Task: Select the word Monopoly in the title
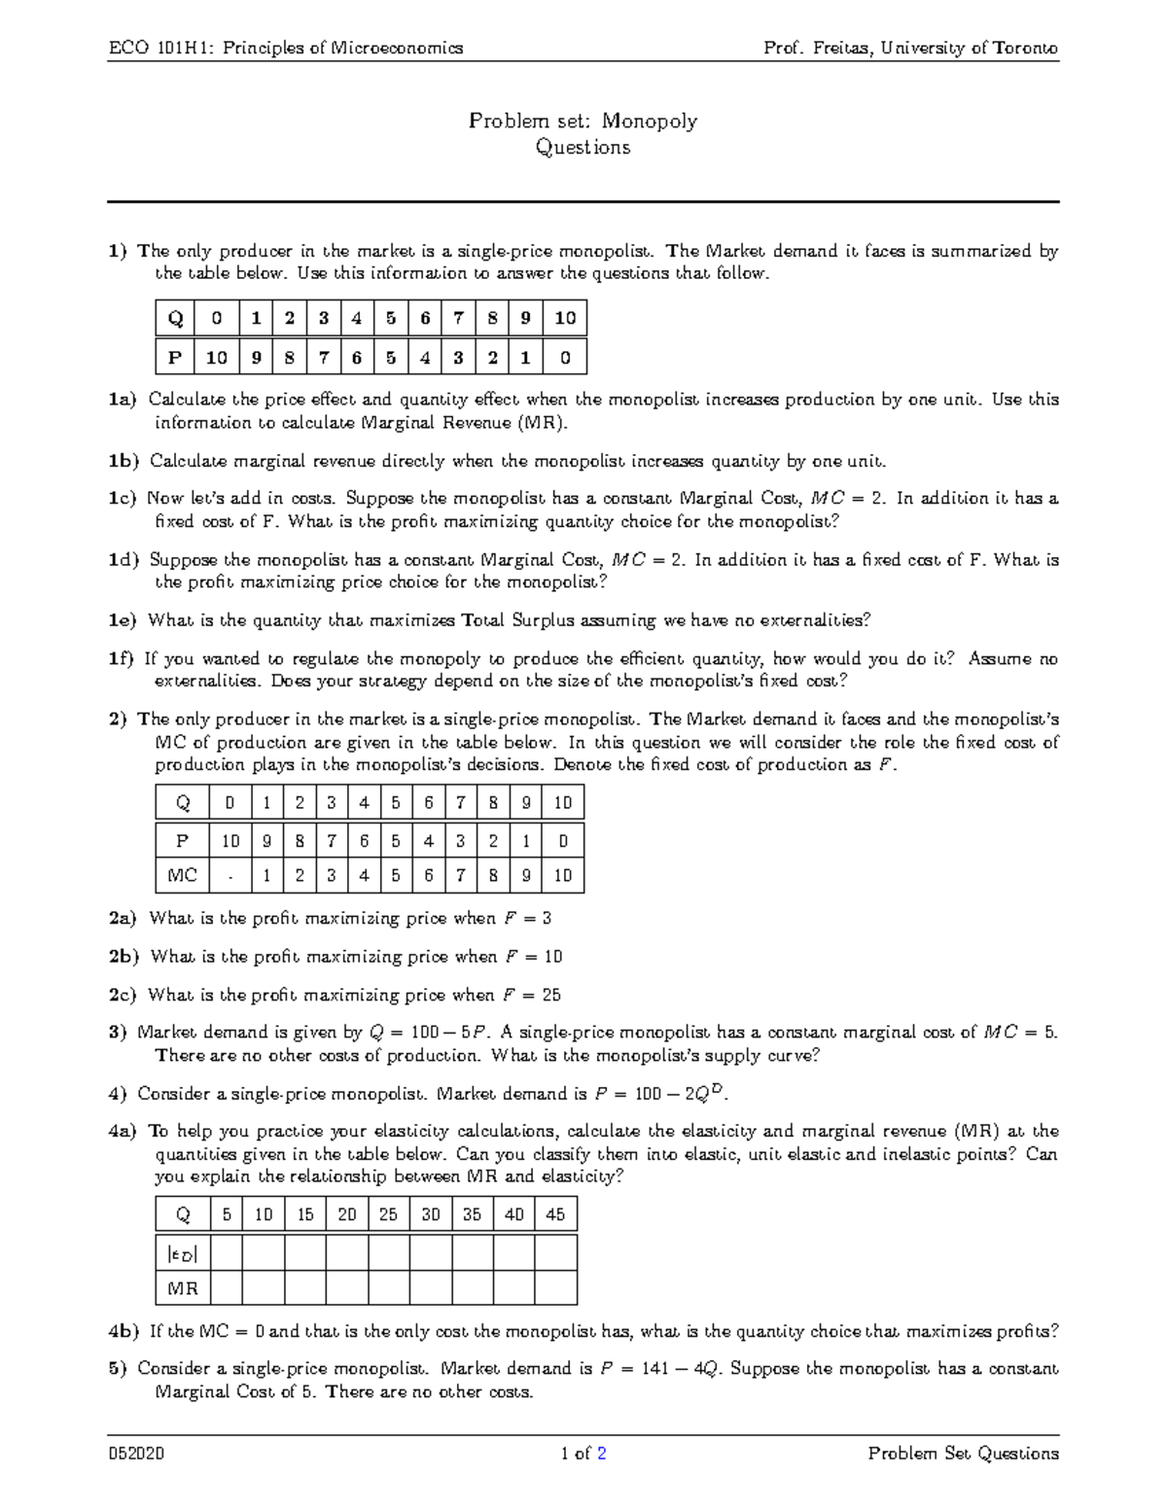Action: (x=649, y=122)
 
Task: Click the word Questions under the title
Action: (x=583, y=148)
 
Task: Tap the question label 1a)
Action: (x=124, y=400)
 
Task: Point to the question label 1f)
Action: (x=122, y=659)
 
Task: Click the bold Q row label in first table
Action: (x=175, y=319)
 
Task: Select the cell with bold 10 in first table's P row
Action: (x=216, y=358)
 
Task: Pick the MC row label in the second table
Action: (x=182, y=875)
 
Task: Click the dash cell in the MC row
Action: (x=230, y=875)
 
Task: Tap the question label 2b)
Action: (x=124, y=957)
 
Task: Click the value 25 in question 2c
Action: (x=551, y=995)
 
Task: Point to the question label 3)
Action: (x=118, y=1033)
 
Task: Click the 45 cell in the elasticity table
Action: (x=555, y=1214)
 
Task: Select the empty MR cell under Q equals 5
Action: (x=227, y=1288)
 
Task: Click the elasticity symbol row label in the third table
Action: (x=182, y=1253)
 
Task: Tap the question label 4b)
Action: (x=124, y=1331)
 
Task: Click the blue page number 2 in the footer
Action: (x=602, y=1455)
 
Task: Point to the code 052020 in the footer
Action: (x=136, y=1455)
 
